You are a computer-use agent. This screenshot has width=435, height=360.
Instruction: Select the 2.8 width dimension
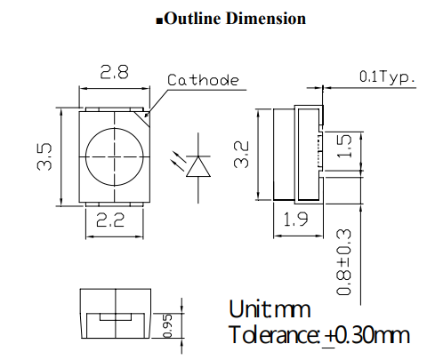pyautogui.click(x=113, y=75)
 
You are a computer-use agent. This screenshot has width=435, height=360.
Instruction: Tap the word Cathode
pyautogui.click(x=204, y=81)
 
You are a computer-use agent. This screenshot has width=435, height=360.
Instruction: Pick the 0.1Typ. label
pyautogui.click(x=388, y=77)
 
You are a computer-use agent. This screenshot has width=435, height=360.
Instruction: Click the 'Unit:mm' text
pyautogui.click(x=270, y=309)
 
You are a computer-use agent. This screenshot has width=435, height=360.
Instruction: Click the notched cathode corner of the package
pyautogui.click(x=143, y=113)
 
